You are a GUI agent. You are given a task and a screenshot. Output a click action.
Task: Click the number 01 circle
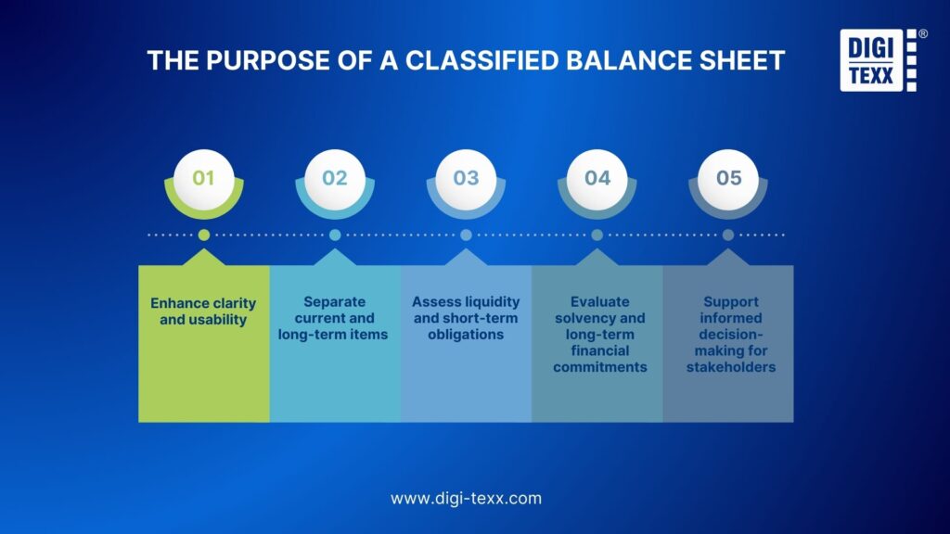tap(203, 176)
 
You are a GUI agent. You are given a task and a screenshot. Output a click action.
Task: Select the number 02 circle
tap(335, 176)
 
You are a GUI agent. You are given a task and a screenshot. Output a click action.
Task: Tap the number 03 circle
tap(466, 176)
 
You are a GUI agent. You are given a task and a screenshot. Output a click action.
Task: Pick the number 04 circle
tap(597, 176)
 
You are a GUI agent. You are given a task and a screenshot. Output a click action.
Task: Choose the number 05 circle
tap(729, 176)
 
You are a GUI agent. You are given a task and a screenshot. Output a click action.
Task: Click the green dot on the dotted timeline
tap(204, 235)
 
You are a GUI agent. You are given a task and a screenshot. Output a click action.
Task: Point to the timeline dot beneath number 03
tap(466, 235)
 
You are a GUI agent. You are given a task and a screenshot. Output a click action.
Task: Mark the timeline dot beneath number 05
tap(729, 235)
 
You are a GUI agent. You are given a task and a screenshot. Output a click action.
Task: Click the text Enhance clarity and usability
tap(203, 311)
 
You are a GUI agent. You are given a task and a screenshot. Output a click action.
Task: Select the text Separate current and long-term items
tap(334, 318)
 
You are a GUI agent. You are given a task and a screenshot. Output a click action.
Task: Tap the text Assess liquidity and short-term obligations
tap(466, 318)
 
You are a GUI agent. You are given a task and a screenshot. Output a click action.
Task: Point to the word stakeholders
tap(730, 368)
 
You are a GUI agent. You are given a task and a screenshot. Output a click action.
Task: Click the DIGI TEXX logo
tap(872, 59)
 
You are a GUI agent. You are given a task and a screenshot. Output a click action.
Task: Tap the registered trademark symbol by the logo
tap(921, 33)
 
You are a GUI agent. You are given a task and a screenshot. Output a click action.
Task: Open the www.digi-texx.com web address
tap(466, 499)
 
